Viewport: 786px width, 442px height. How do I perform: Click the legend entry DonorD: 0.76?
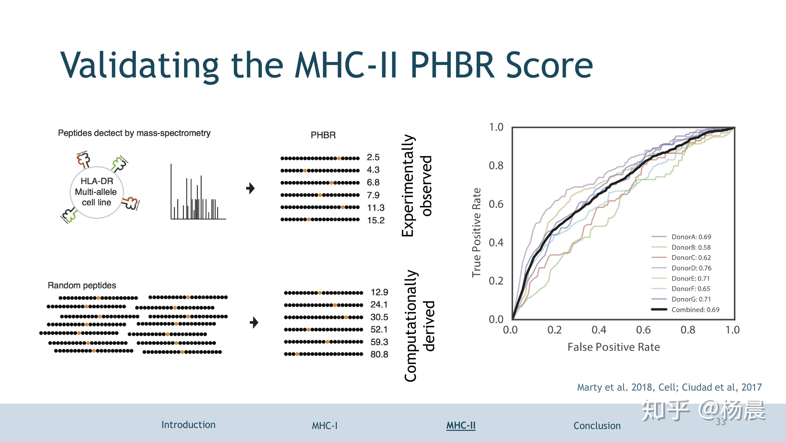pos(691,268)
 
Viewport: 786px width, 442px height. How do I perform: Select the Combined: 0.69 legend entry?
pos(695,310)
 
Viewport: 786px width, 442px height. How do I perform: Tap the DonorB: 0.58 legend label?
pos(691,247)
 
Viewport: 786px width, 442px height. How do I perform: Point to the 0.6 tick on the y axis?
pos(496,204)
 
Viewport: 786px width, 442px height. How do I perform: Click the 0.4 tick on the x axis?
pos(599,330)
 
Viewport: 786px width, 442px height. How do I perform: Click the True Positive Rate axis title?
pos(476,233)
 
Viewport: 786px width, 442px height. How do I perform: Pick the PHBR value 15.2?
pos(376,220)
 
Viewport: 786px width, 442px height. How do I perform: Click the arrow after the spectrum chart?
pos(250,188)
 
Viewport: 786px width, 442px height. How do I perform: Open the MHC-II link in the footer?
pos(461,425)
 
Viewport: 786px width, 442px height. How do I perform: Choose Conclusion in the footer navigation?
pos(597,425)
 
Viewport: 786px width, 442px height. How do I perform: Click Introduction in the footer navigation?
pos(188,425)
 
